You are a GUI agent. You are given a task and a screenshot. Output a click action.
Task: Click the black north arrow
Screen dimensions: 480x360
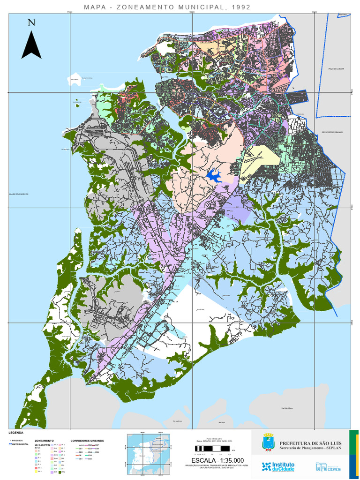click(x=31, y=45)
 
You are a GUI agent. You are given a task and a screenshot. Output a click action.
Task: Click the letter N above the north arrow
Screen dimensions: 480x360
click(x=31, y=22)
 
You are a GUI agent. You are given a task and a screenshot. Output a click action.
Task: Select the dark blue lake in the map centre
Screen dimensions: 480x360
click(x=214, y=176)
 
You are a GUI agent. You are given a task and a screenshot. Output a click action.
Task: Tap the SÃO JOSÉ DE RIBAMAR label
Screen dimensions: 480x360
click(x=331, y=132)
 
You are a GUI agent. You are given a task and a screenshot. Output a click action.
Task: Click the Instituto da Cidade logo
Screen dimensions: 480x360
click(x=277, y=467)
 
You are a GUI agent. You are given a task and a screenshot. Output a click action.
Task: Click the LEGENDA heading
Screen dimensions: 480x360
click(x=16, y=432)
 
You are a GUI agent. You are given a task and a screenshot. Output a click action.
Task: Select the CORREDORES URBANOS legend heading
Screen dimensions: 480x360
click(x=87, y=441)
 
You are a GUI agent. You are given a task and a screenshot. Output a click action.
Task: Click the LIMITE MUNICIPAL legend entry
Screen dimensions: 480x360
click(x=21, y=444)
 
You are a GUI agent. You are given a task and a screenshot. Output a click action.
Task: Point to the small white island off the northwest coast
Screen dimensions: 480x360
click(x=74, y=80)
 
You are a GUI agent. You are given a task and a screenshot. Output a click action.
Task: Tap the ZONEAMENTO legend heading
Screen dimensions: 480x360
click(x=44, y=441)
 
